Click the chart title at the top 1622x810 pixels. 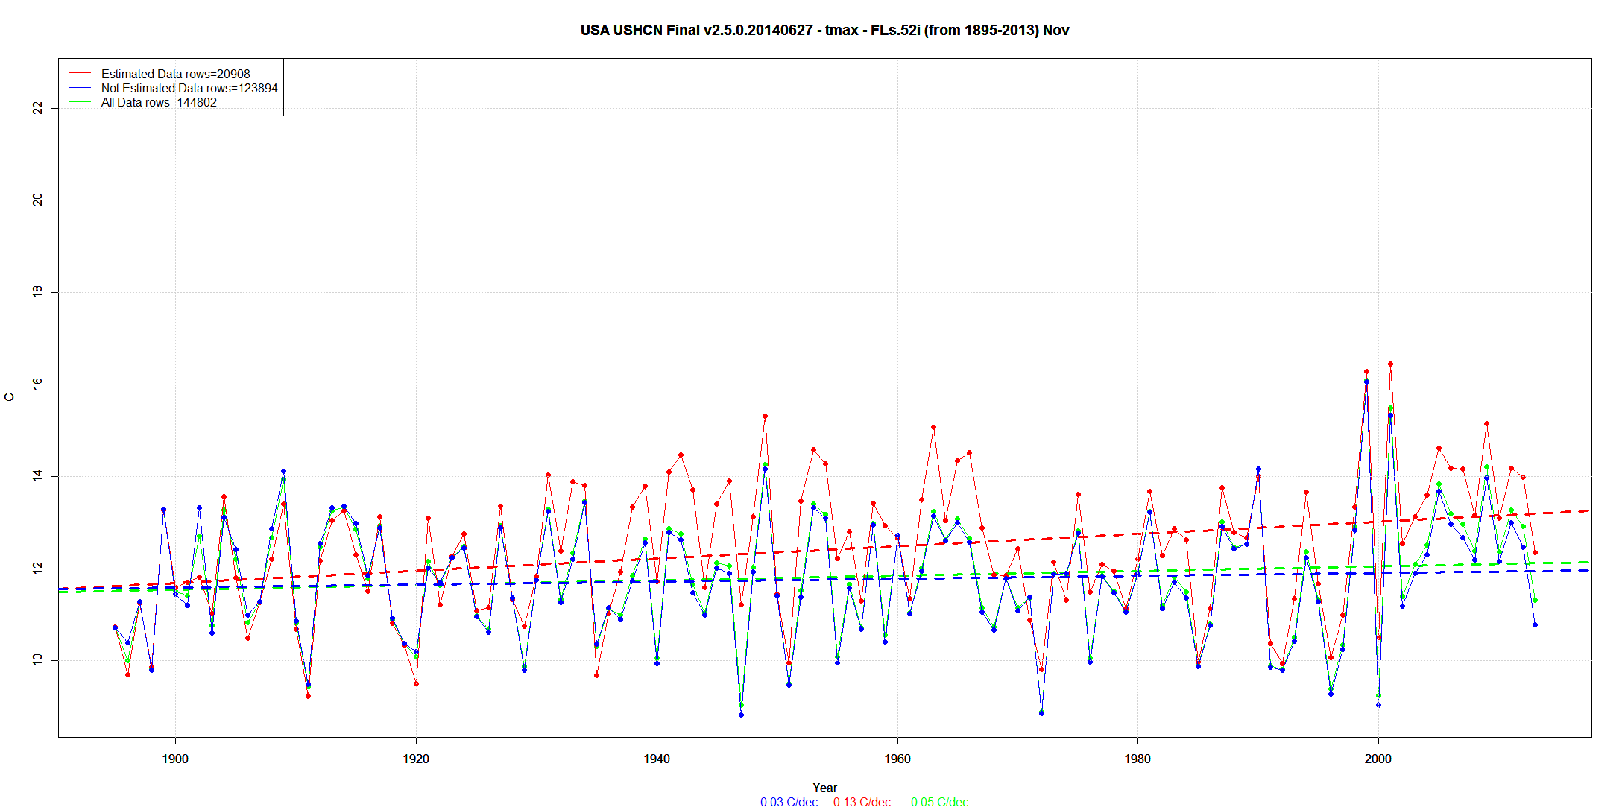click(x=824, y=31)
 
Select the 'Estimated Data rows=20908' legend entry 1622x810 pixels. click(x=175, y=74)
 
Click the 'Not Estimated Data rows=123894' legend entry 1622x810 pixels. click(x=189, y=88)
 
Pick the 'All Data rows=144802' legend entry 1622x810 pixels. click(x=159, y=102)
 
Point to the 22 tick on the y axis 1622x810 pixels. click(x=37, y=109)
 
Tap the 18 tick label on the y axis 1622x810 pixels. click(x=37, y=292)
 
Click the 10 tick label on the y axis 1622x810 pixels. click(x=37, y=659)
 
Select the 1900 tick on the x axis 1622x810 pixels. click(x=175, y=759)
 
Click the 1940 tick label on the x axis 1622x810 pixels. click(x=657, y=759)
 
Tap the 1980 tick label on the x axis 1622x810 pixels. click(x=1137, y=759)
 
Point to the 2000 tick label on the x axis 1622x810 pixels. click(x=1378, y=759)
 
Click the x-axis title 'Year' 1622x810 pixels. click(x=824, y=788)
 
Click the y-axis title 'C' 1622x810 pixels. click(x=10, y=397)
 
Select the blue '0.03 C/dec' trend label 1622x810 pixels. click(x=789, y=802)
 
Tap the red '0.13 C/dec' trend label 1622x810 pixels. click(x=862, y=802)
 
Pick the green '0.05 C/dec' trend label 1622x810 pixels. click(x=939, y=802)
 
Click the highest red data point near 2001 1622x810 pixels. click(x=1390, y=364)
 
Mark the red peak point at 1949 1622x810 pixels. click(x=765, y=417)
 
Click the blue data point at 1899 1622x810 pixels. click(x=163, y=510)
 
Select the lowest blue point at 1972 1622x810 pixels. click(x=1041, y=713)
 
